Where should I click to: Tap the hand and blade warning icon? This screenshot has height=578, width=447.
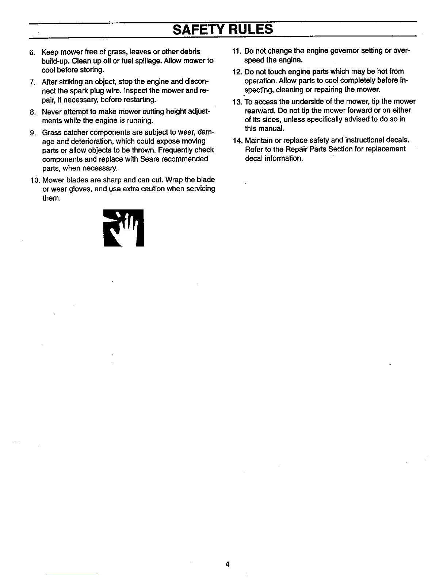[x=123, y=228]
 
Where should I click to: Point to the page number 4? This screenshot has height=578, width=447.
[x=227, y=564]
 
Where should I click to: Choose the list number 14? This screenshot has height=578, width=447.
[x=238, y=140]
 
